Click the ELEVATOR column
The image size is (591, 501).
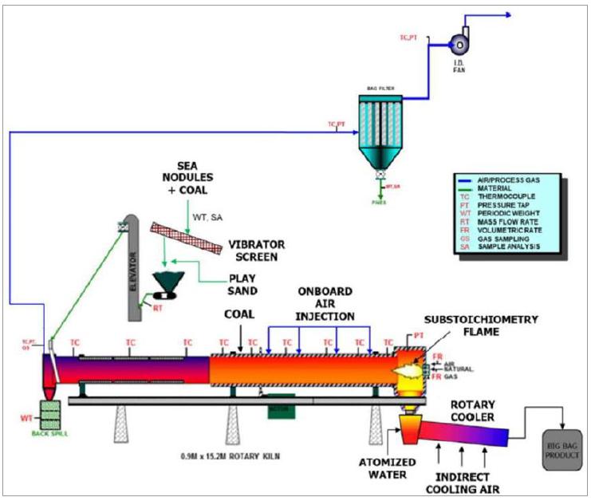point(132,267)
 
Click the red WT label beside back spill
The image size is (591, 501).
point(26,417)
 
